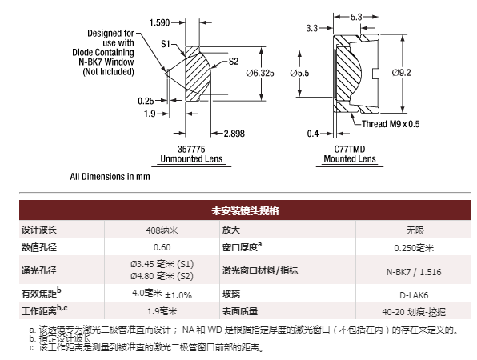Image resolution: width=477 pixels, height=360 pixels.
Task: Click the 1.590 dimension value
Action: [159, 22]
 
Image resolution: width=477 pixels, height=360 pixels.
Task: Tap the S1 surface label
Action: [166, 44]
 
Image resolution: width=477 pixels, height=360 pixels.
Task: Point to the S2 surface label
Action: [234, 62]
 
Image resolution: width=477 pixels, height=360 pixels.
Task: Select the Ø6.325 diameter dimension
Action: [260, 73]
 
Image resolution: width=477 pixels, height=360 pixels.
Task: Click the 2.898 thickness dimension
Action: [234, 134]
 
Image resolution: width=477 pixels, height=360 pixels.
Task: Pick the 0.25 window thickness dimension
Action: [146, 101]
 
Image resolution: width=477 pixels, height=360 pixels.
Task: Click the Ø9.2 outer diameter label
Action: [401, 73]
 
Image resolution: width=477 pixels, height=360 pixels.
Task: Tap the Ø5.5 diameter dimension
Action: [299, 73]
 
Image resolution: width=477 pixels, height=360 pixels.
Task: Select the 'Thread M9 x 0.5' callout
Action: [391, 124]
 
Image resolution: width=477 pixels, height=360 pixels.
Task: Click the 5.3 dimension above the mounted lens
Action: [356, 17]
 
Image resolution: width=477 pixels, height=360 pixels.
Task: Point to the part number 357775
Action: [191, 149]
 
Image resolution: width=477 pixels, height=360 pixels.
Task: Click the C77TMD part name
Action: [350, 149]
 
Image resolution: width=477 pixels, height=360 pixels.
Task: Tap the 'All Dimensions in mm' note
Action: [110, 176]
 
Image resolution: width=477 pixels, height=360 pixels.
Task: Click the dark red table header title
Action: [245, 210]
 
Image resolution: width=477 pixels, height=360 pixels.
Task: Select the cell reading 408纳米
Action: [162, 230]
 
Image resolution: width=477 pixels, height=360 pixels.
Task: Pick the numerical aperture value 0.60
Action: [162, 247]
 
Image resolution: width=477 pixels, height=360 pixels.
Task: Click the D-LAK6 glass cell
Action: [414, 295]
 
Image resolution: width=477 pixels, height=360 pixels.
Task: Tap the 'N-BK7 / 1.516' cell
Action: [414, 272]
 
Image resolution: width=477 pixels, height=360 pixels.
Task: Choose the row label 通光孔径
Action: [39, 270]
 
